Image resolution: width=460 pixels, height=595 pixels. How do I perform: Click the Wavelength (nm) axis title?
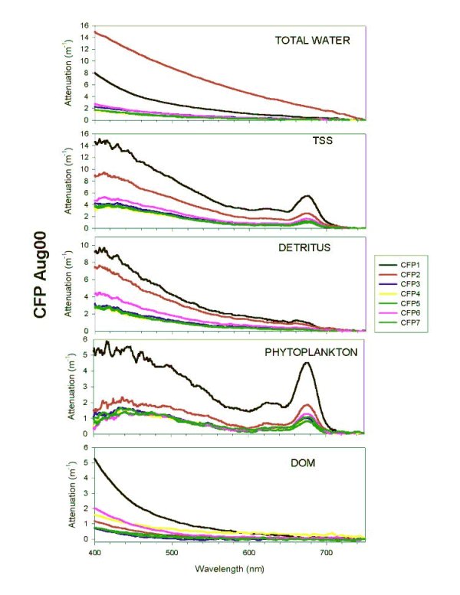point(228,564)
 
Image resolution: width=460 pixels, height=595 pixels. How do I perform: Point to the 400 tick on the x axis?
point(94,551)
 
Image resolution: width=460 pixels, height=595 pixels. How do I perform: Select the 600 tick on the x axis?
point(249,551)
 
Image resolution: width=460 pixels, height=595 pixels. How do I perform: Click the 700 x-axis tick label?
point(327,551)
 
